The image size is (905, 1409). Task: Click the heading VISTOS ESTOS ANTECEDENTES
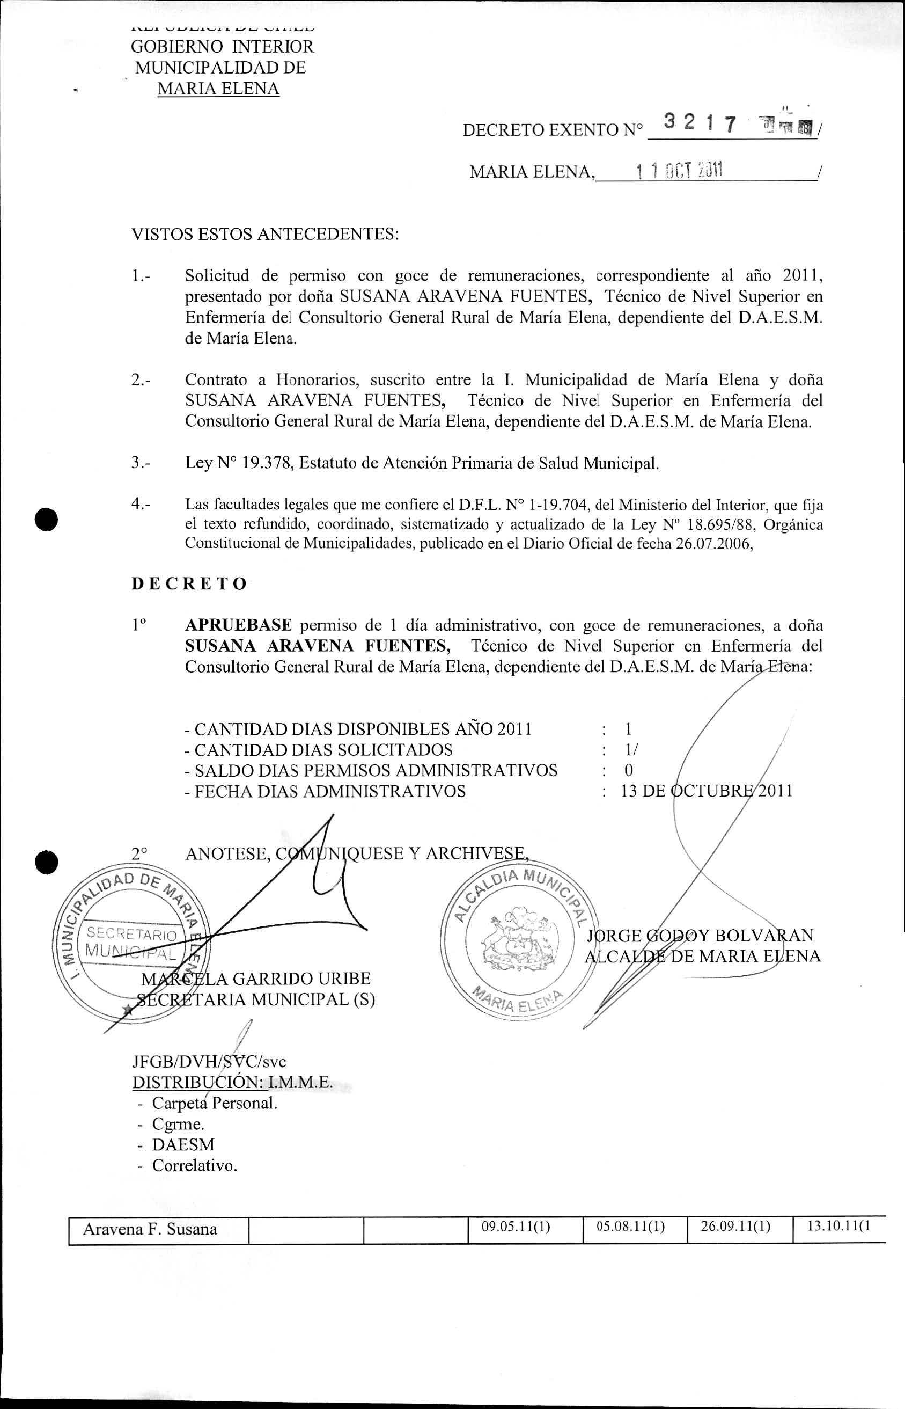click(265, 234)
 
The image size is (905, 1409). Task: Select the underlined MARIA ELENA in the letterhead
click(218, 89)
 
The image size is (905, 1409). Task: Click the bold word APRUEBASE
click(238, 625)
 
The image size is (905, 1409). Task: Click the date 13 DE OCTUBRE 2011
click(707, 791)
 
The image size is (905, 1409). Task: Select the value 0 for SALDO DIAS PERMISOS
click(629, 770)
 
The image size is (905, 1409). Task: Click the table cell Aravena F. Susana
click(150, 1229)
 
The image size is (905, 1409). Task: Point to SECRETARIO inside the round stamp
click(131, 933)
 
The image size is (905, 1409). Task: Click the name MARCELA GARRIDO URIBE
click(256, 979)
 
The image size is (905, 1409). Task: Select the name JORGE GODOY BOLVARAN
click(701, 935)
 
